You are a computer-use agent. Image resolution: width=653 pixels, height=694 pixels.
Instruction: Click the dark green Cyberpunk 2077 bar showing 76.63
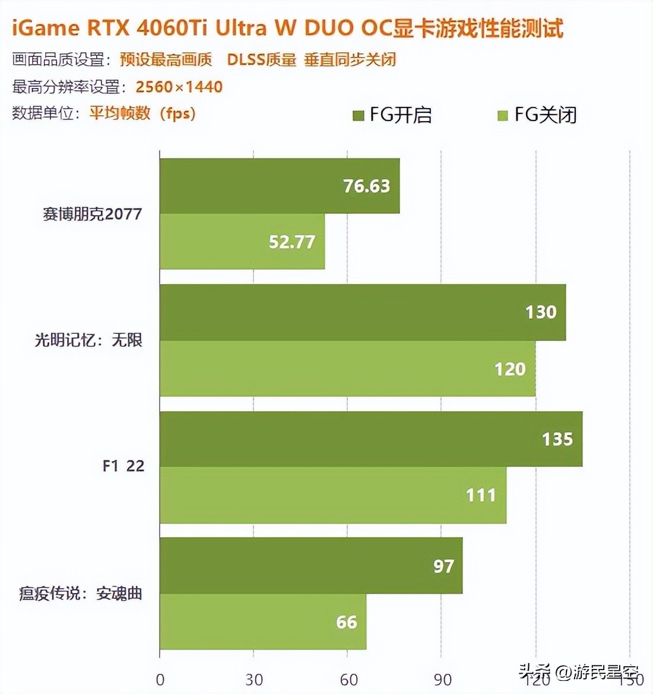[x=279, y=186]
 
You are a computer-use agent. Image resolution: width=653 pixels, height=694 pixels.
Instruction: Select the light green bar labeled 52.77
[x=242, y=241]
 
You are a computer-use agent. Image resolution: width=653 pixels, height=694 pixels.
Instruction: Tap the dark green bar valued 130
[x=362, y=312]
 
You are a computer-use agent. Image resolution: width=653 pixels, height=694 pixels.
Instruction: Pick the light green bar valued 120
[x=347, y=368]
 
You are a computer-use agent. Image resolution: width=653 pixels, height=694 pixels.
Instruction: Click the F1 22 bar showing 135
[x=370, y=439]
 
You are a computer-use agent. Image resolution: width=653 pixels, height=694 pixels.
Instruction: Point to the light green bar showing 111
[x=332, y=495]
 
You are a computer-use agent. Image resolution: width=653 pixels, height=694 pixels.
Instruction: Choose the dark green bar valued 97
[x=310, y=566]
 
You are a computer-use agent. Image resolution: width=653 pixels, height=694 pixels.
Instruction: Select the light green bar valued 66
[x=262, y=622]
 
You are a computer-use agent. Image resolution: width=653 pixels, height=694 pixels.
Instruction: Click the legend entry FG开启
[x=392, y=114]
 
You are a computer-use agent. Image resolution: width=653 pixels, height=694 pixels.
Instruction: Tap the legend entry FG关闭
[x=537, y=114]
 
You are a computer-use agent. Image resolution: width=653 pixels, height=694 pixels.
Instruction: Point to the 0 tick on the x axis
[x=160, y=680]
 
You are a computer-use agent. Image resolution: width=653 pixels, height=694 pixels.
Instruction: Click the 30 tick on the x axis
[x=254, y=680]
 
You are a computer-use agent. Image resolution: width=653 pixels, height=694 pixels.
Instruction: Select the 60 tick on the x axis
[x=348, y=680]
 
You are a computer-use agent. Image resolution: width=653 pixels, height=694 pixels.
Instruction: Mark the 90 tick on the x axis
[x=442, y=680]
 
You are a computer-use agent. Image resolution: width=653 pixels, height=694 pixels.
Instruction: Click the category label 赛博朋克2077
[x=93, y=214]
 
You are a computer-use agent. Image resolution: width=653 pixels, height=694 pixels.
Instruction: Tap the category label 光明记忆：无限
[x=88, y=340]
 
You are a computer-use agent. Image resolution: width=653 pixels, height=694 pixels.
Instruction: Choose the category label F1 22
[x=123, y=466]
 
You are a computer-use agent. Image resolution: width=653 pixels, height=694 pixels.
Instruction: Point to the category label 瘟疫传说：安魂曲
[x=81, y=593]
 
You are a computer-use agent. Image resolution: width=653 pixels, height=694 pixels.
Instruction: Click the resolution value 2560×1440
[x=179, y=87]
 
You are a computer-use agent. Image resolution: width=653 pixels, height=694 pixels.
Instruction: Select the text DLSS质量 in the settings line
[x=261, y=59]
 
